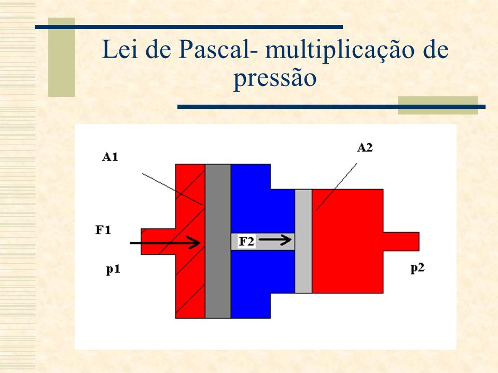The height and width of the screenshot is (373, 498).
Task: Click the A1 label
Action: [110, 156]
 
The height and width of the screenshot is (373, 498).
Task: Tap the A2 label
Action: [365, 148]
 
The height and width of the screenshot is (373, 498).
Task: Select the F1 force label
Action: [103, 229]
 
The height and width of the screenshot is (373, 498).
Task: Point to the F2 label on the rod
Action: [246, 241]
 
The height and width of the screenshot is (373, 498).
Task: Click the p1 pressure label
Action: [113, 269]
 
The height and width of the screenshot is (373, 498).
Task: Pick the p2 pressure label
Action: [417, 268]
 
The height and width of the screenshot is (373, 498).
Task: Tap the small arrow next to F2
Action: [275, 240]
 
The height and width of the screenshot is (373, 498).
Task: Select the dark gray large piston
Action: [218, 241]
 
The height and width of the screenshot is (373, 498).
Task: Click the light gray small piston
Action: [303, 241]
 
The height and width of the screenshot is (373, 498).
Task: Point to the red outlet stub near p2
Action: [402, 241]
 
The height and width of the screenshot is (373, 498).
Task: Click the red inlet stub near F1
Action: [158, 241]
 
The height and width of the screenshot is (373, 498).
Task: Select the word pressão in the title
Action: [275, 78]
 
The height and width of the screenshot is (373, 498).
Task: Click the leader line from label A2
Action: [336, 187]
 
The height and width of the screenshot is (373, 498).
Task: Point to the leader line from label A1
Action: [172, 189]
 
